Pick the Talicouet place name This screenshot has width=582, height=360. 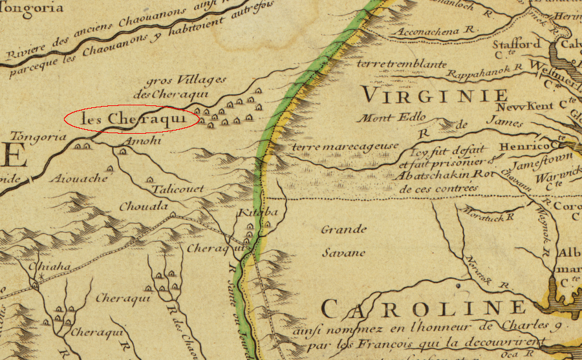click(x=178, y=189)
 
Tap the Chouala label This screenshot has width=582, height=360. click(x=143, y=207)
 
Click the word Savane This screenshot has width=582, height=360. click(x=344, y=253)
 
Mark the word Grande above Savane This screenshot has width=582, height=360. click(x=344, y=229)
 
